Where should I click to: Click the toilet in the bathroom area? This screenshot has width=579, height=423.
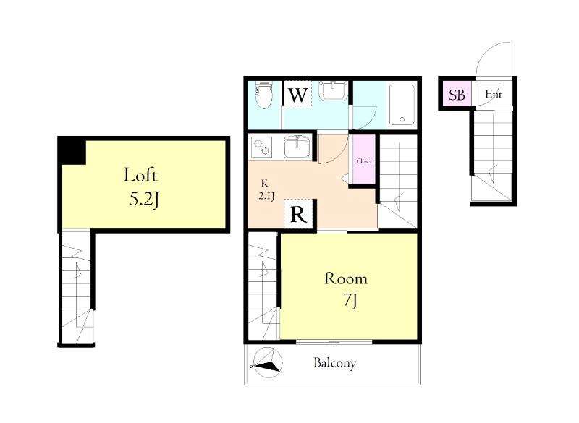(x=263, y=95)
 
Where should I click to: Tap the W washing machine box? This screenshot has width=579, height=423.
(x=297, y=95)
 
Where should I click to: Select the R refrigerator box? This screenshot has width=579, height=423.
(x=298, y=214)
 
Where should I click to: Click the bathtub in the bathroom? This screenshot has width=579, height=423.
(x=402, y=105)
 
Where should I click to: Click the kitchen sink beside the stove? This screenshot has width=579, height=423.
(x=297, y=146)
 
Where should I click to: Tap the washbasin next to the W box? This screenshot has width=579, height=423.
(x=333, y=90)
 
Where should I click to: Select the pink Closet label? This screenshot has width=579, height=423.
(x=364, y=161)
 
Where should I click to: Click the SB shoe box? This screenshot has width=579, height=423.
(x=457, y=95)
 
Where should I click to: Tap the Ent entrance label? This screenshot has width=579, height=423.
(x=494, y=95)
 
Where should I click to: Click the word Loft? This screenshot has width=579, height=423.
(x=140, y=175)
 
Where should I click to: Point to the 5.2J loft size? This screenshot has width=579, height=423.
(x=144, y=200)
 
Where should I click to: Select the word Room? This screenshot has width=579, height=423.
(x=346, y=278)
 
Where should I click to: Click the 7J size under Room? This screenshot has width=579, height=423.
(x=350, y=301)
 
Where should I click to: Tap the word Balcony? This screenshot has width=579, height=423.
(x=334, y=363)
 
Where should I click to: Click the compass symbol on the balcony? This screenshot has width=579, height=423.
(x=267, y=363)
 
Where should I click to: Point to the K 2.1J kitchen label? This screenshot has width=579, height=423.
(x=266, y=189)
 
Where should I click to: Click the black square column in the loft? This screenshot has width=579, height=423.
(x=72, y=150)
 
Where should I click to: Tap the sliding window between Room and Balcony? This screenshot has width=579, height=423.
(x=334, y=342)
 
